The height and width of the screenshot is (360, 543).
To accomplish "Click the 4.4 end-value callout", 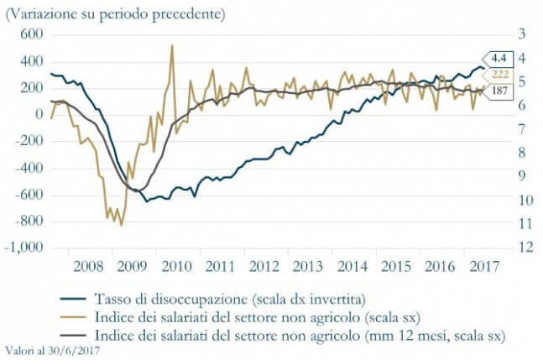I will (499, 58).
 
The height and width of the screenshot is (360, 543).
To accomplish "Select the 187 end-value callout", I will (499, 91).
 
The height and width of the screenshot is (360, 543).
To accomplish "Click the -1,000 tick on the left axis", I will (24, 249).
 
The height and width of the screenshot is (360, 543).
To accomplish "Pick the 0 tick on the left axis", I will (39, 115).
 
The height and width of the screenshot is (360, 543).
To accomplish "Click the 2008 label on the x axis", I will (89, 267).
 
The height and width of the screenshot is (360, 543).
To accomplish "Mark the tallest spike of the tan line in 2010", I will (172, 45).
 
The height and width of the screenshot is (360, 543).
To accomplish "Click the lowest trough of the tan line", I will (121, 225).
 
